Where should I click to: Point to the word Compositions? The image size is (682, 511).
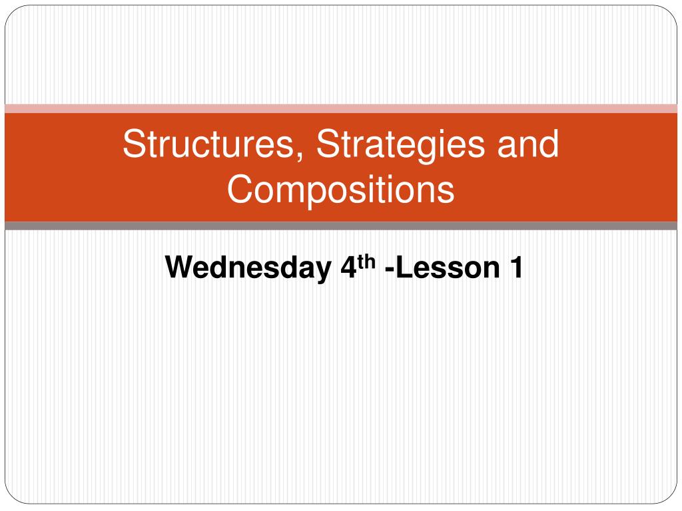click(341, 190)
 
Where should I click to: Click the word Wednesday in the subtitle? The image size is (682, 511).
click(248, 267)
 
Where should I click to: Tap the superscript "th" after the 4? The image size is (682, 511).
click(367, 262)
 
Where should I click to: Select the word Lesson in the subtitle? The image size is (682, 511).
click(448, 267)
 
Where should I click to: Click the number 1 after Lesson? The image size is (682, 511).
click(517, 267)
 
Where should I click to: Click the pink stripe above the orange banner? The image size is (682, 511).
click(341, 108)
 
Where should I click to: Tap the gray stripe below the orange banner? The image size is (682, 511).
click(341, 226)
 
